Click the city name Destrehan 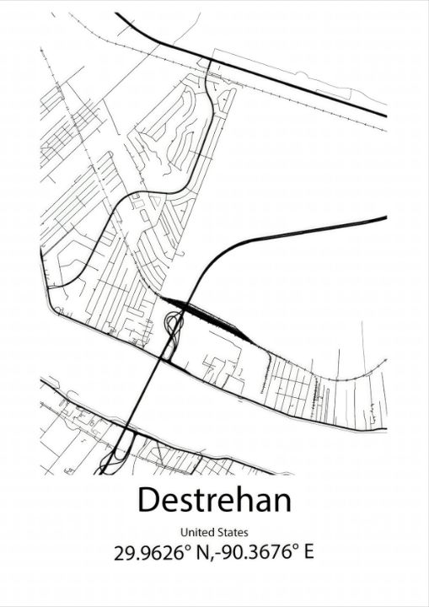pos(214,499)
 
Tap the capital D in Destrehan pos(148,499)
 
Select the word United pos(196,532)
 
